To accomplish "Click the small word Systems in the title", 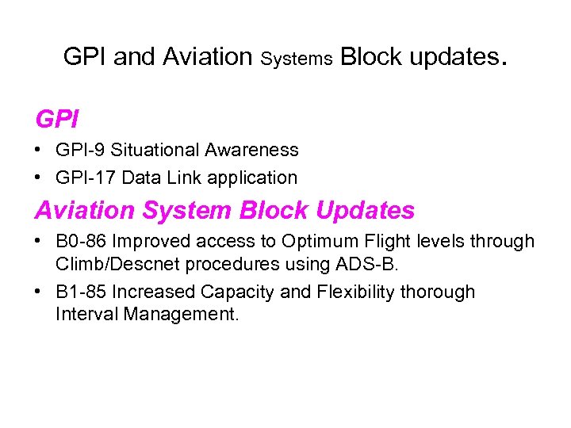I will coord(296,59).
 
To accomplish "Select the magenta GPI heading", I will coord(57,120).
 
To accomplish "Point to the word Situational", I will coord(155,150).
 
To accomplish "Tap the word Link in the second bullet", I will coord(185,178).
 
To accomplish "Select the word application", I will coord(253,178).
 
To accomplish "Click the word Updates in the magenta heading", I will coord(365,210).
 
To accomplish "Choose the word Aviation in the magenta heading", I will coord(83,210).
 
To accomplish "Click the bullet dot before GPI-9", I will coord(39,150).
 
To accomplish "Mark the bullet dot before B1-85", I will coord(39,292).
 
